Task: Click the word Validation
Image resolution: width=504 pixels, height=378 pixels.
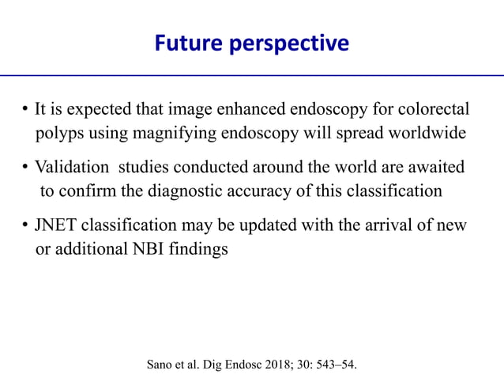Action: tap(73, 168)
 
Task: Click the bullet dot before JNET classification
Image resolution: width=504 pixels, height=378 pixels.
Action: tap(26, 225)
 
